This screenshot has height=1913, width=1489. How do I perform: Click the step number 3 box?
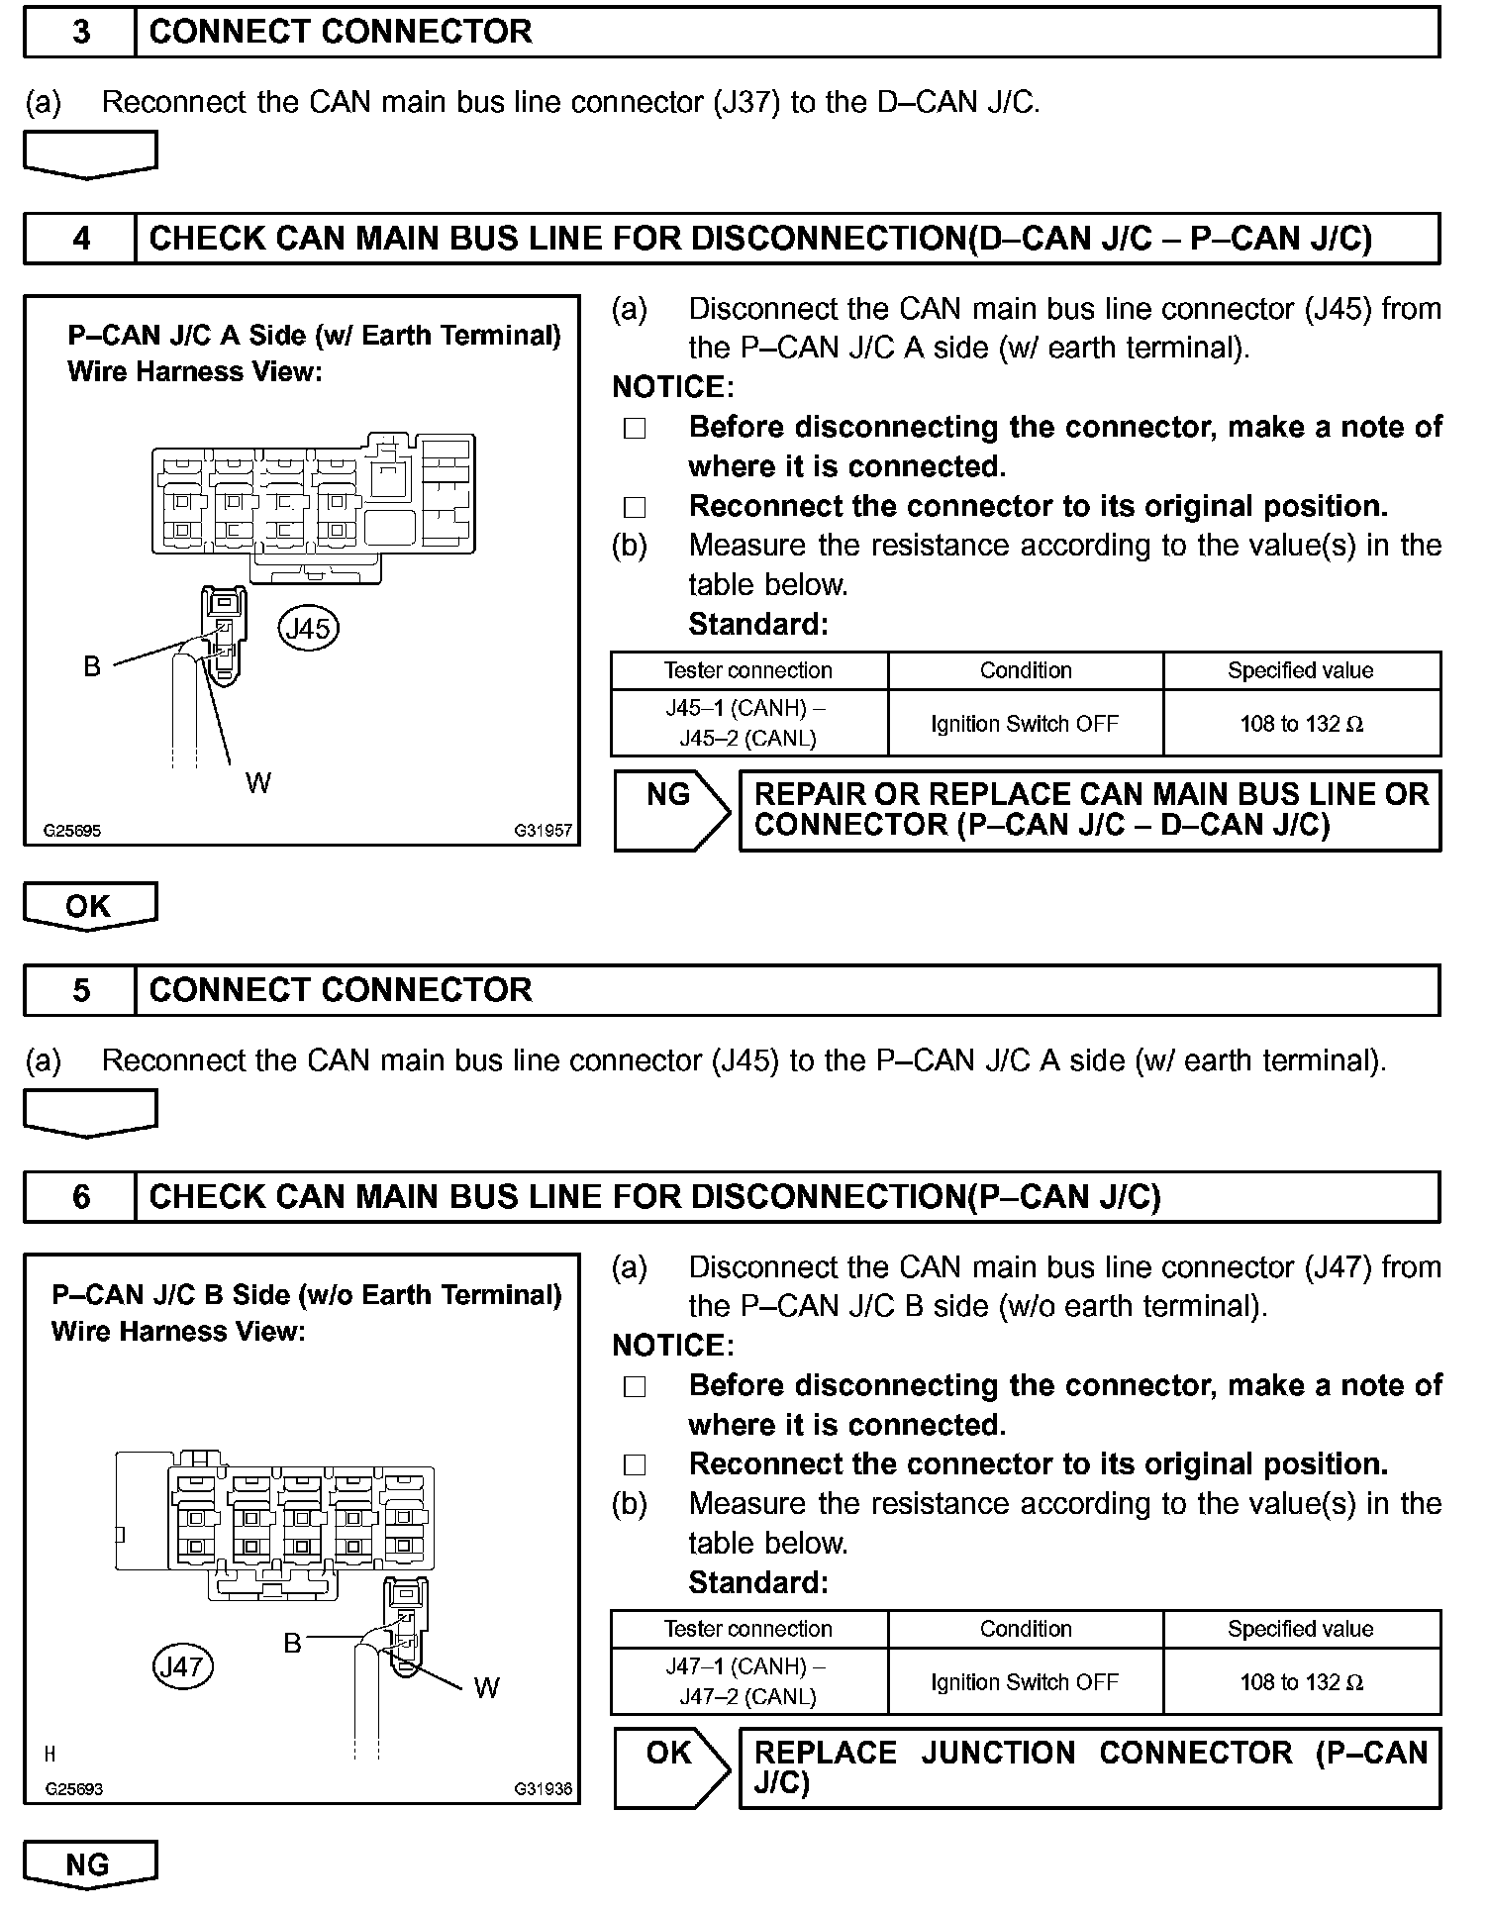[x=80, y=32]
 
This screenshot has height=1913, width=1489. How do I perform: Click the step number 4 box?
[x=80, y=239]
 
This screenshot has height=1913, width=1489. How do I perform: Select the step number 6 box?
[x=80, y=1197]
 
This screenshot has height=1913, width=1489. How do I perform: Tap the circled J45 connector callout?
[x=309, y=629]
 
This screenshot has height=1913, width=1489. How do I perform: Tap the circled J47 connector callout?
[x=183, y=1666]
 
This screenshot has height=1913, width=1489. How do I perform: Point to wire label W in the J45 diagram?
[x=258, y=783]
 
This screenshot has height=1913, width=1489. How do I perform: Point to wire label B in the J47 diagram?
[x=292, y=1644]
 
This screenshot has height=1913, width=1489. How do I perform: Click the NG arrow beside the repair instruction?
[x=670, y=810]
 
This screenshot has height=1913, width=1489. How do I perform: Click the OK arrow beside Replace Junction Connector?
[x=670, y=1768]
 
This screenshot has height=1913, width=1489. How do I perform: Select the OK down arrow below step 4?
[x=89, y=906]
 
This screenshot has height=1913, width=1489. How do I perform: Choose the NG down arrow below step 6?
[x=89, y=1864]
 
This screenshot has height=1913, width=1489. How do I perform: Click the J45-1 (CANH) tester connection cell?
[x=748, y=723]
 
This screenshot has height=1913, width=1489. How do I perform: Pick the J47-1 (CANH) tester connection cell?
[x=748, y=1681]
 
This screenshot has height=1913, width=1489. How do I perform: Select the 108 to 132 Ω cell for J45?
[x=1301, y=724]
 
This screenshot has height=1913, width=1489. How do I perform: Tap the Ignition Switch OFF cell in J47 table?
[x=1025, y=1682]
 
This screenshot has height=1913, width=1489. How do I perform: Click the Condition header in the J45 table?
[x=1026, y=670]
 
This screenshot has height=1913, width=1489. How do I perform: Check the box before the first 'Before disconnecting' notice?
[x=635, y=429]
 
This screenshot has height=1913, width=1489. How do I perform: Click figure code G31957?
[x=543, y=831]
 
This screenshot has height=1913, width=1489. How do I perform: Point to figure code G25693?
[x=73, y=1789]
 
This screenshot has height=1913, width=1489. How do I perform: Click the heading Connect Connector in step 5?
[x=341, y=990]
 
